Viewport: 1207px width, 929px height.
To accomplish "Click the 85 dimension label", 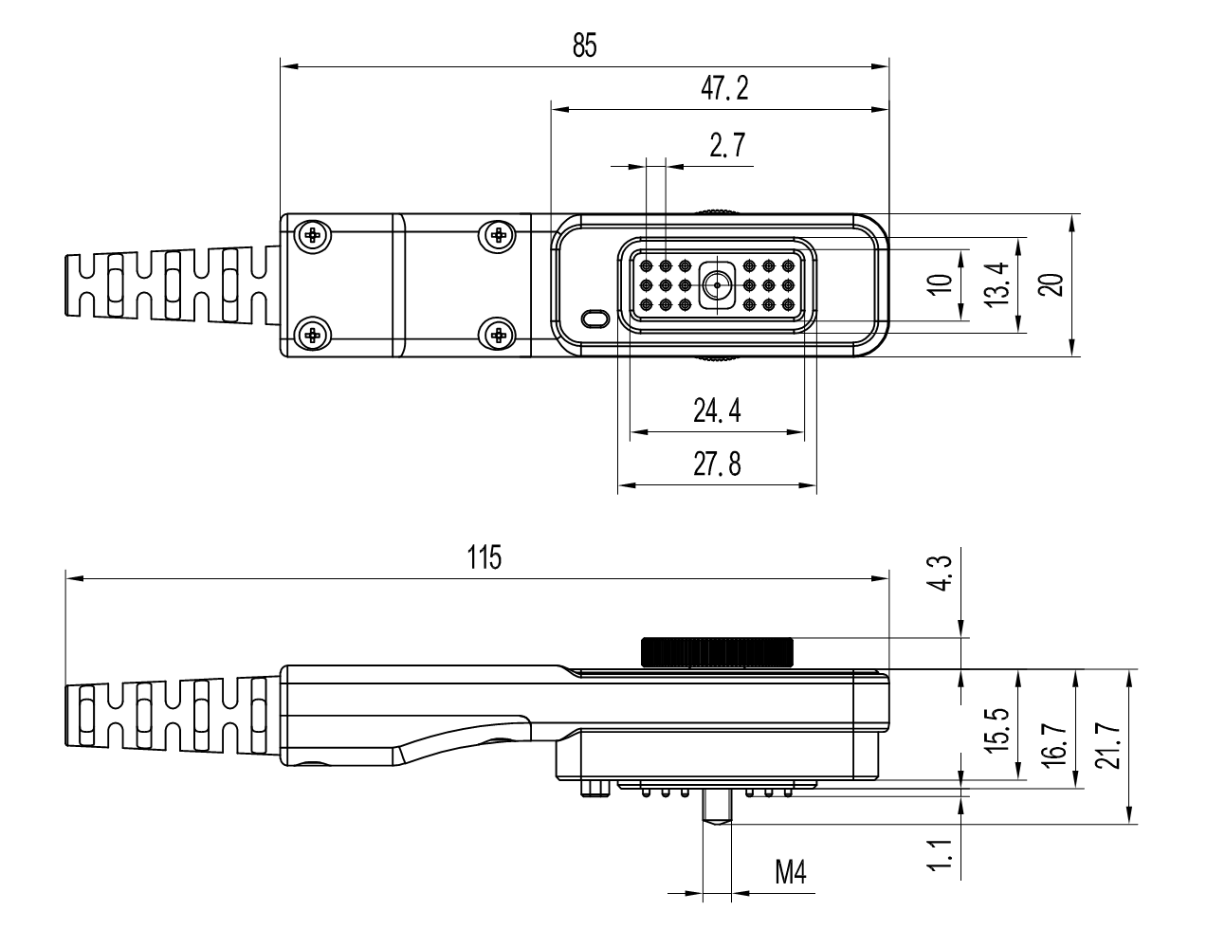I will (x=584, y=46).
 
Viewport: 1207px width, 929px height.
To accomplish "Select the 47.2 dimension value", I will (x=724, y=89).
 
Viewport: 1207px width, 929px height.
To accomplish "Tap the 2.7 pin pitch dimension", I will (x=726, y=146).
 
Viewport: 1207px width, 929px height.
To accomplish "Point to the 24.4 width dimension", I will (x=717, y=411).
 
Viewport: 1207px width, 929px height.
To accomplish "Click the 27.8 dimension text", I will (x=717, y=464).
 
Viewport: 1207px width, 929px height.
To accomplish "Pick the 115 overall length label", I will (x=484, y=557).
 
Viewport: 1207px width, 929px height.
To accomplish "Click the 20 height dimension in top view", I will (x=1050, y=285).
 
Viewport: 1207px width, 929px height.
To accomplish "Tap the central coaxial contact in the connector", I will (x=717, y=284).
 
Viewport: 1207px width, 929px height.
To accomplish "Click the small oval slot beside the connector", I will (x=594, y=318).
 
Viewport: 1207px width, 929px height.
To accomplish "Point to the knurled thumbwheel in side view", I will (x=717, y=652).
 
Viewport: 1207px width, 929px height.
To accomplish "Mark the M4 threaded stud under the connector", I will (x=717, y=808).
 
